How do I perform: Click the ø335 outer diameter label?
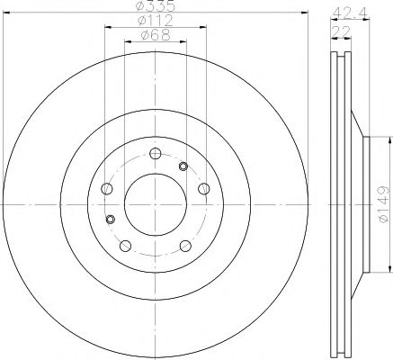coord(154,8)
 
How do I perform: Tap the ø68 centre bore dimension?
coord(154,36)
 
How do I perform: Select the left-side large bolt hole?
coord(106,188)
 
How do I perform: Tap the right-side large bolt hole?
coord(203,188)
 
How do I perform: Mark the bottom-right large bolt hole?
coord(184,245)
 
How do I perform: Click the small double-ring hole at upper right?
coord(183,166)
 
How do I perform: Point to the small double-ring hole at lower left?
coord(110,220)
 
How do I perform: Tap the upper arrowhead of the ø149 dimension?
coord(390,139)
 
